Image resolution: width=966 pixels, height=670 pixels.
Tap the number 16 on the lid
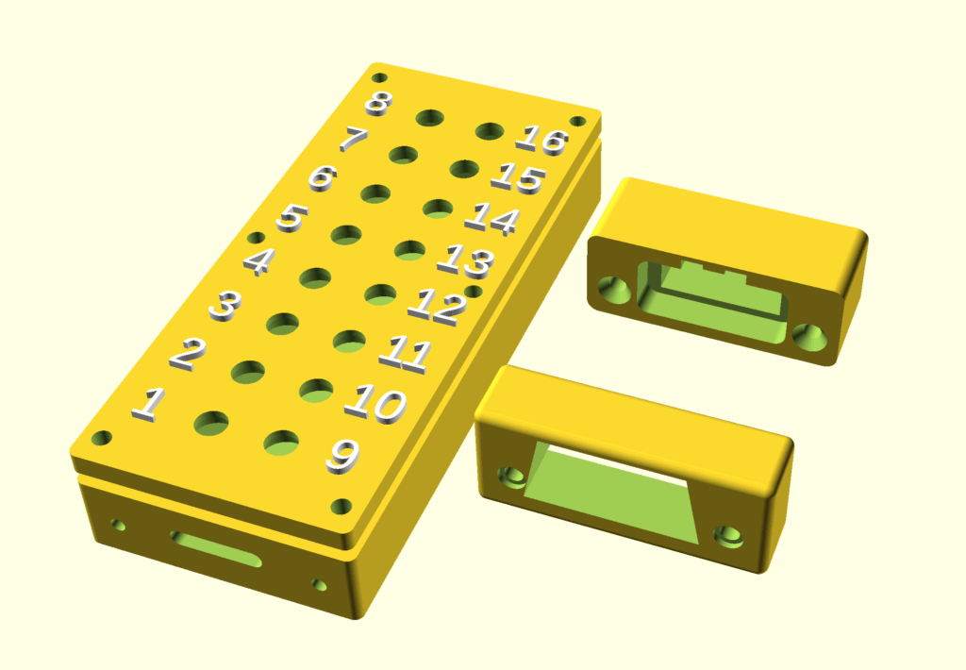click(x=541, y=140)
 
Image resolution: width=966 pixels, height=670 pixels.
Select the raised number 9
click(x=343, y=456)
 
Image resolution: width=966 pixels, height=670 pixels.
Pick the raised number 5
click(x=292, y=218)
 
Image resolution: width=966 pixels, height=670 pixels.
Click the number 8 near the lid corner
click(x=379, y=103)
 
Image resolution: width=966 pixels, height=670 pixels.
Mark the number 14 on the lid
click(x=492, y=220)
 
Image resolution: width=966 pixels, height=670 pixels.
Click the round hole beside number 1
click(x=211, y=424)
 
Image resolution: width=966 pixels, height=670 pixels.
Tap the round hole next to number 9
click(x=281, y=443)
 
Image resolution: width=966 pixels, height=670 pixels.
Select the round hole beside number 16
click(x=490, y=131)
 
